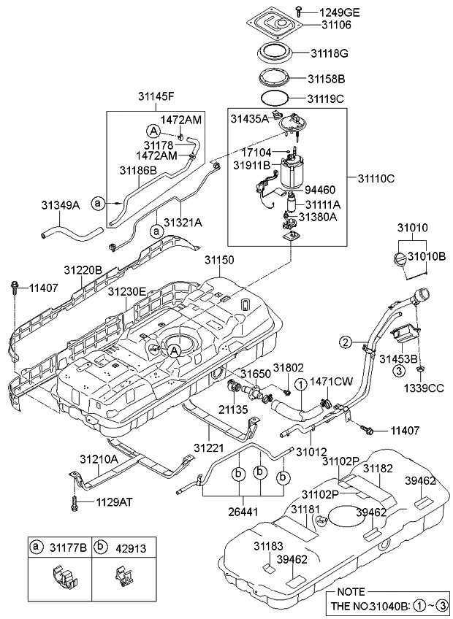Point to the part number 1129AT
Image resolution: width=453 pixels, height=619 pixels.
[x=114, y=502]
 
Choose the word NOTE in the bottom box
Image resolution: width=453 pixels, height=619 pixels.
[x=351, y=592]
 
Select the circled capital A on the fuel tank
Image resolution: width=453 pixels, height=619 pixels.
[x=174, y=351]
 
